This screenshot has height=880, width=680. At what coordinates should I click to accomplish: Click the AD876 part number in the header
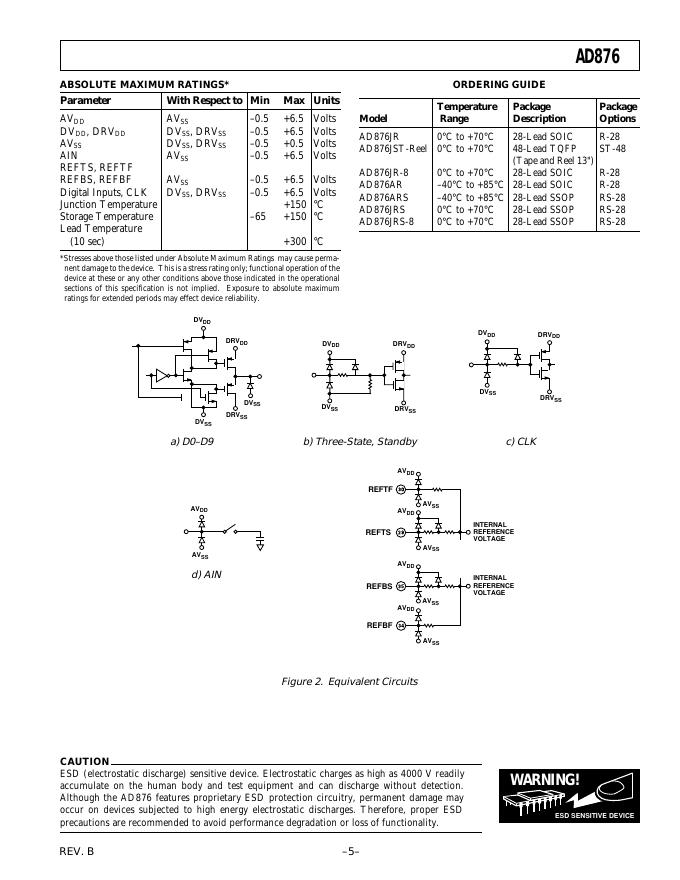coord(597,57)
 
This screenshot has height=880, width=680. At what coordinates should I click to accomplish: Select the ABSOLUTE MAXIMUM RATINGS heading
coord(144,84)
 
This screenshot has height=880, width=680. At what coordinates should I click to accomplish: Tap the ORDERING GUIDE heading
coord(499,84)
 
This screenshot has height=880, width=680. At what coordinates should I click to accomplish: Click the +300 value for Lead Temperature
coord(294,241)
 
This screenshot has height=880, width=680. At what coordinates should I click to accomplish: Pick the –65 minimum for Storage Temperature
coord(259,216)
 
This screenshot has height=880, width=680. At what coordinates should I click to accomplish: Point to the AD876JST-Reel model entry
coord(393,148)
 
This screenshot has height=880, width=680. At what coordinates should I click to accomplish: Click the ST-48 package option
coord(612,148)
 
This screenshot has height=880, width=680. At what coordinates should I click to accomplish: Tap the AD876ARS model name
coord(384,197)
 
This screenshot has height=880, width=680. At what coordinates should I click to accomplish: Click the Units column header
coord(326,100)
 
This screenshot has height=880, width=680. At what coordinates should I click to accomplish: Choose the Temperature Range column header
coord(467,112)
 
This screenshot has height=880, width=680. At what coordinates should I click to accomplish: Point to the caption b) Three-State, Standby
coord(360,441)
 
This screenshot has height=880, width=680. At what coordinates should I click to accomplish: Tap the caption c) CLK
coord(521,441)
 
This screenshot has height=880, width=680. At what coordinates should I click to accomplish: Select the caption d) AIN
coord(206,574)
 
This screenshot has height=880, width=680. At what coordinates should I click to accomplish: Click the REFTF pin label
coord(381,489)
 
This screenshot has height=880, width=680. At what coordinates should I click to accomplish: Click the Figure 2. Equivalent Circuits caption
coord(349,681)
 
